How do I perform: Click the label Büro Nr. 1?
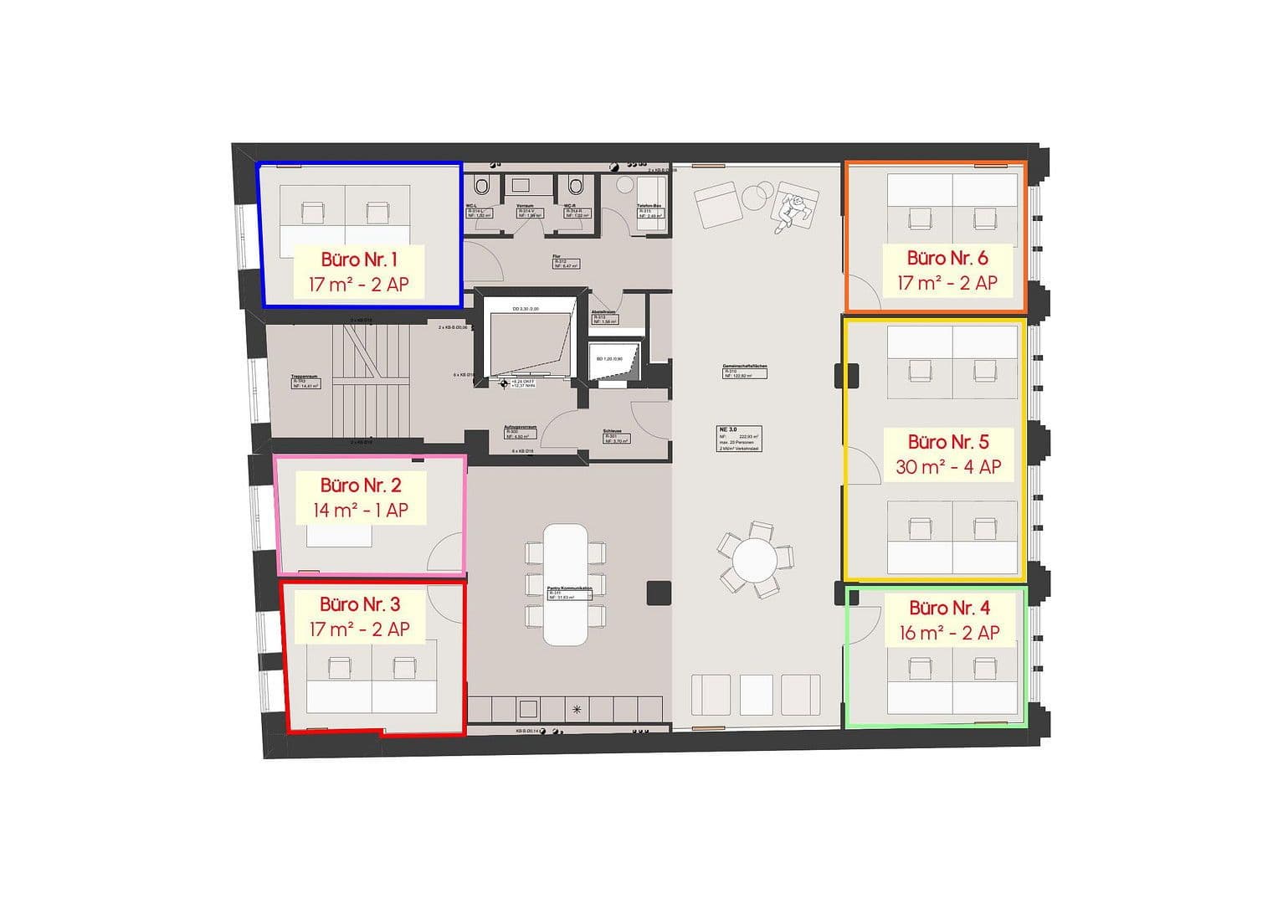coord(359,259)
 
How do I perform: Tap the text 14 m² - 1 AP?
coord(361,510)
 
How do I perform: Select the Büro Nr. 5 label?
coord(948,442)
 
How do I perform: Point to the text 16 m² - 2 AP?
coord(949,633)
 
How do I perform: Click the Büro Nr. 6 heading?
coord(947,258)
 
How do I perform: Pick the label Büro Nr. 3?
coord(360,604)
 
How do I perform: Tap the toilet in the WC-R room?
coord(576,185)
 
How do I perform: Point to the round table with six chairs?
coord(755,559)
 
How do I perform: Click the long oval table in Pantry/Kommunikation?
coord(566,584)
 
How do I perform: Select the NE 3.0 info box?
coord(738,438)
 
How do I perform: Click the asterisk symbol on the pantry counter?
coord(576,710)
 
